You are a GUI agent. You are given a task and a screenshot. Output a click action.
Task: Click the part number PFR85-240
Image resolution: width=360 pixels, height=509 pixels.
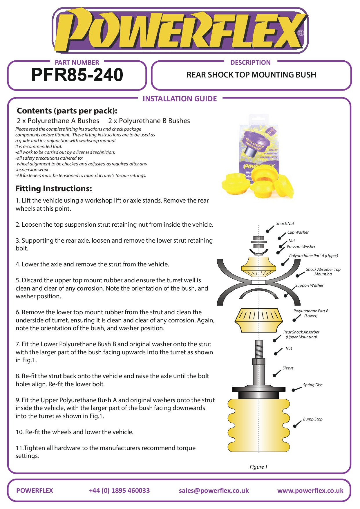(x=77, y=75)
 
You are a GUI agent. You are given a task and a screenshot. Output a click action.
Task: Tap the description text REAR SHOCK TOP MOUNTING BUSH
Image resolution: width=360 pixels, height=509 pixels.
(x=251, y=75)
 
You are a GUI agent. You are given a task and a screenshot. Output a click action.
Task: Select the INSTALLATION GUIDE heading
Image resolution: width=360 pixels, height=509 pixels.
(x=180, y=99)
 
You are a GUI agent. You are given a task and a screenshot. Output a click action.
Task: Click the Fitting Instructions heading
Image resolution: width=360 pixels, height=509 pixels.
(x=54, y=189)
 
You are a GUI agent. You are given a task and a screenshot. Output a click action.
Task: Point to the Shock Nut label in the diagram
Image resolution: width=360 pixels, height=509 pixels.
(x=285, y=224)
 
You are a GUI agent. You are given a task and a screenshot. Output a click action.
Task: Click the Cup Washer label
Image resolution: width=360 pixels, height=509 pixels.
(x=298, y=232)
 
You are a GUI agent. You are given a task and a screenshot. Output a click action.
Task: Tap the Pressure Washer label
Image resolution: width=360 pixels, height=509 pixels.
(x=301, y=247)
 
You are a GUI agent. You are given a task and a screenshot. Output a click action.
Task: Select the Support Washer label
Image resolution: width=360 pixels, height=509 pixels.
(x=309, y=286)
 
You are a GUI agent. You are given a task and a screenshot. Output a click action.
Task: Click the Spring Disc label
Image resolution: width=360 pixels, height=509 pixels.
(x=312, y=385)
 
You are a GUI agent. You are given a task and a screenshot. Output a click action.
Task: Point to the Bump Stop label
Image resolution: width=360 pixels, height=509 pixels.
(x=312, y=419)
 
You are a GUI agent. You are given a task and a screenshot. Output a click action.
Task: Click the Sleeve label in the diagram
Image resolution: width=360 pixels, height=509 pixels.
(x=288, y=368)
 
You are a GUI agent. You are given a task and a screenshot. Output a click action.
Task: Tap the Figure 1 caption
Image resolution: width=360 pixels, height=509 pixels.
(x=258, y=467)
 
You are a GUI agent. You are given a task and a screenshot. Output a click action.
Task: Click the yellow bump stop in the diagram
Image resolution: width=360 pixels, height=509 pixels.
(x=258, y=425)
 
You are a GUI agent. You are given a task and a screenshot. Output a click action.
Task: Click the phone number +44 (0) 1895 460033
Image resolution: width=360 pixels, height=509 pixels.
(x=119, y=491)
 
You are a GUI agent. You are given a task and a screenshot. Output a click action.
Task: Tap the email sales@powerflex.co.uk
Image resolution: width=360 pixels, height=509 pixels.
(x=214, y=491)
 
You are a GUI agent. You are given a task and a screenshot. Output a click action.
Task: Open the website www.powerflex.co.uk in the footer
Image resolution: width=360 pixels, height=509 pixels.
(x=310, y=491)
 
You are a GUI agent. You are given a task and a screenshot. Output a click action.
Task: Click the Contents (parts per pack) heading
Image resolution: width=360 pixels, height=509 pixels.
(x=67, y=111)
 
